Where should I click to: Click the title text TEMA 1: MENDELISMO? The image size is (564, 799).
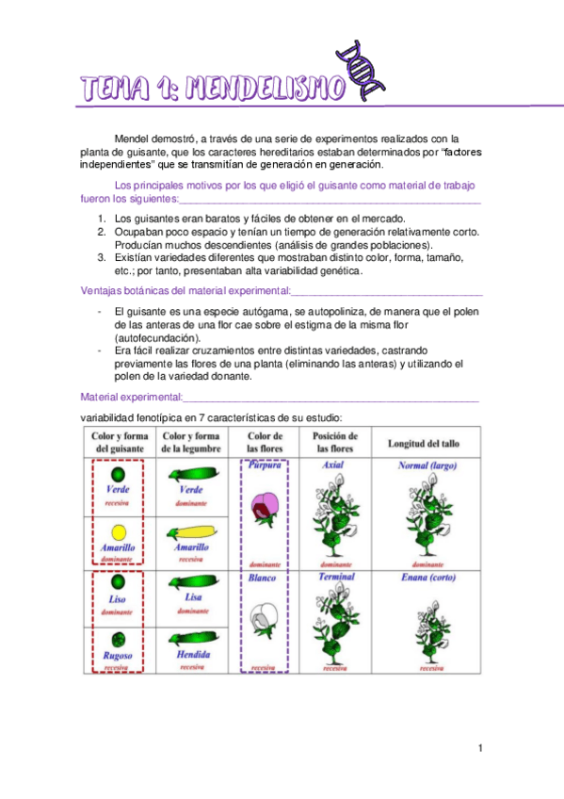pos(213,90)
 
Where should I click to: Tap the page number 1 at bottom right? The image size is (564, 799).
pos(480,748)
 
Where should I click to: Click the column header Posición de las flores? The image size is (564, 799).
pos(333,443)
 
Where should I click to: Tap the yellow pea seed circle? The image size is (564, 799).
pos(118,530)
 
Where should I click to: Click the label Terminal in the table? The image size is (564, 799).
pos(336,577)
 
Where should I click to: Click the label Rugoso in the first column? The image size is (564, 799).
pos(118,655)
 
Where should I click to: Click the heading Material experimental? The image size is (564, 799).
pos(132,397)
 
